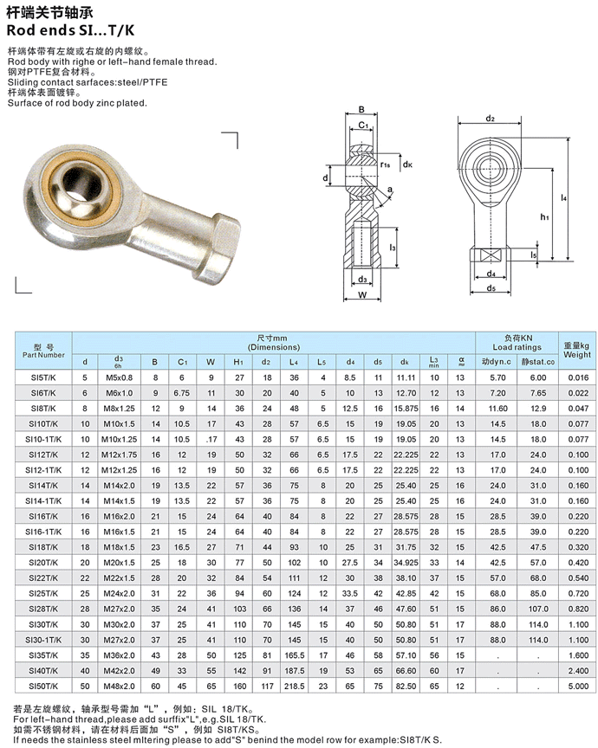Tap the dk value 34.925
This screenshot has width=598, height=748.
406,562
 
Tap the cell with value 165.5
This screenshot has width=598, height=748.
295,654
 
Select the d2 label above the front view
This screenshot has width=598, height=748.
491,118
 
